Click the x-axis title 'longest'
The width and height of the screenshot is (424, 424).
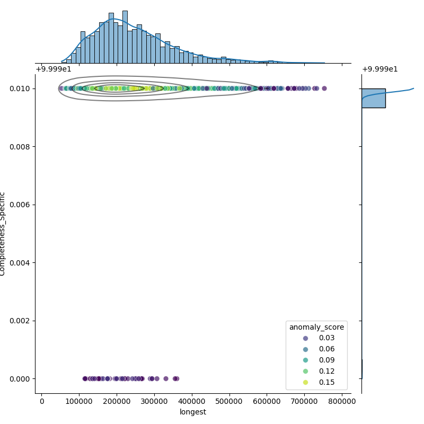click(x=193, y=412)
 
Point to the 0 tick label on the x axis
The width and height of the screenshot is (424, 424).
click(x=42, y=401)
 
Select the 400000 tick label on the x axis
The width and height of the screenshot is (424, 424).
click(x=192, y=401)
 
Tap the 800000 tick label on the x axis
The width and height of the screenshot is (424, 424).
click(x=342, y=401)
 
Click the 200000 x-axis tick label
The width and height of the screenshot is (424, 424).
click(x=117, y=401)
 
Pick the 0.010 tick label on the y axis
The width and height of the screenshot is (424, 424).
click(x=22, y=89)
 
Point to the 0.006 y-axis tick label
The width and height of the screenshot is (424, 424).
click(x=22, y=205)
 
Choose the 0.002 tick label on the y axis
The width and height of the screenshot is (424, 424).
click(x=22, y=321)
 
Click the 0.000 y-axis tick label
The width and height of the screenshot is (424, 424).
click(x=22, y=378)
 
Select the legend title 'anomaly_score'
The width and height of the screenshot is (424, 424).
click(x=316, y=327)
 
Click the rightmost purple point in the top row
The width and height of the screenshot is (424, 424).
click(x=324, y=89)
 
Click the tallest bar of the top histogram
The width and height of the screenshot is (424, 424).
click(x=125, y=37)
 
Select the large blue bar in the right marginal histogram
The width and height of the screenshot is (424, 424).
click(x=373, y=98)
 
